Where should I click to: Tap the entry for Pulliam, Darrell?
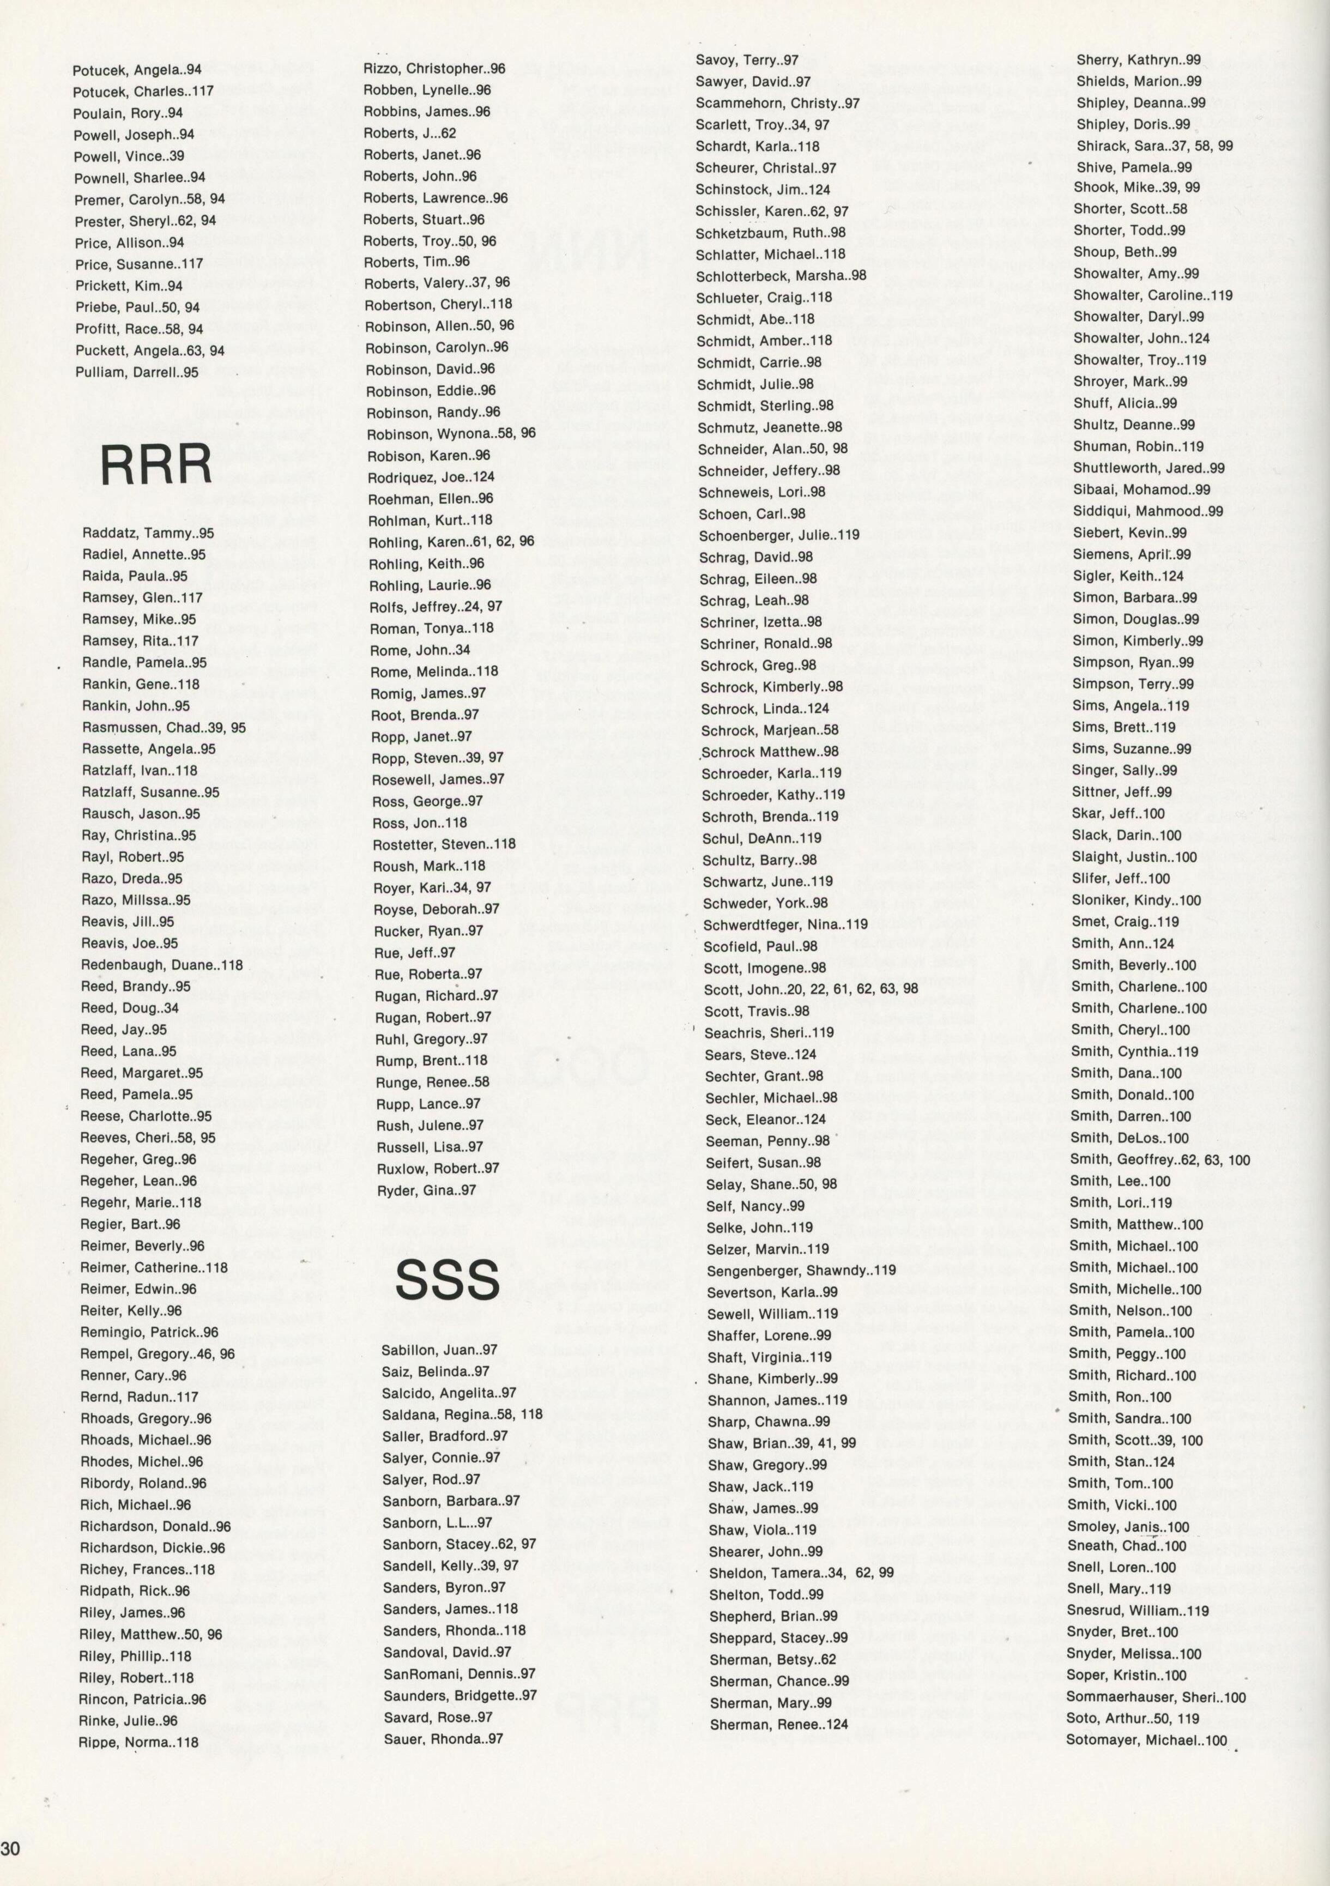(x=136, y=372)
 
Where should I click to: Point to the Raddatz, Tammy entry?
(x=148, y=533)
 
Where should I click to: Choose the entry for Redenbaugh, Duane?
(x=162, y=965)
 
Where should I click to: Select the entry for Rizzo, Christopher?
(x=434, y=69)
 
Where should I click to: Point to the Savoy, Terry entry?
(x=747, y=60)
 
